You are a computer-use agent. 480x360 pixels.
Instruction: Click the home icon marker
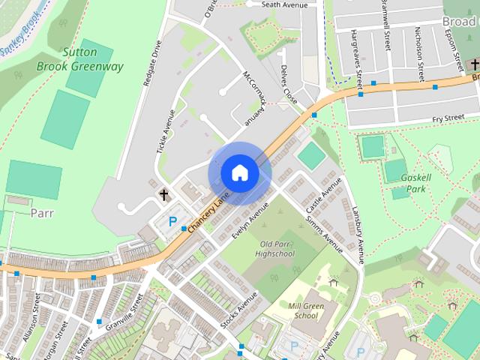click(x=239, y=173)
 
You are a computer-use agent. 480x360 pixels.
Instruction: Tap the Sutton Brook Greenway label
click(x=80, y=60)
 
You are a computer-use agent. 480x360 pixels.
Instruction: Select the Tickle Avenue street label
click(x=165, y=132)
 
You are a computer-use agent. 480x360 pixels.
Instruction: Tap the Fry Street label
click(x=448, y=118)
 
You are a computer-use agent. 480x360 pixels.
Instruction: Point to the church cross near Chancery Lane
click(x=163, y=195)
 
